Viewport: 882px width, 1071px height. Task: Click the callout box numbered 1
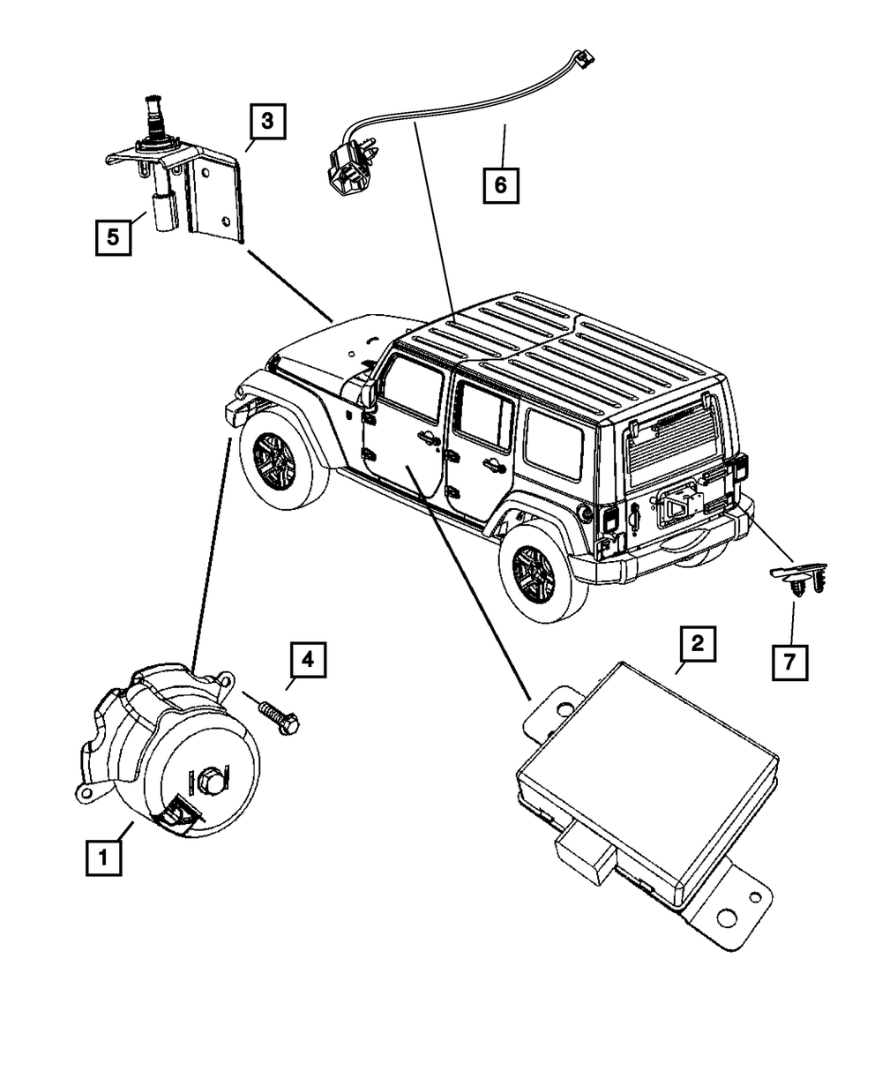pos(104,856)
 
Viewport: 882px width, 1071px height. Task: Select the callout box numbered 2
pos(697,644)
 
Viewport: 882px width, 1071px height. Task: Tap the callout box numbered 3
pos(266,123)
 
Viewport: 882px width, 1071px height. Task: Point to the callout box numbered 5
pos(113,236)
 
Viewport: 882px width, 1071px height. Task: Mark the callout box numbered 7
pos(789,661)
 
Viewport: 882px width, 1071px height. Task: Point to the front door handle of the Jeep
pos(426,438)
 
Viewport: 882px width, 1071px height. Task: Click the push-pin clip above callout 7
pos(799,583)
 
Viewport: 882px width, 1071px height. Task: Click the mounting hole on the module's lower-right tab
pos(727,918)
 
